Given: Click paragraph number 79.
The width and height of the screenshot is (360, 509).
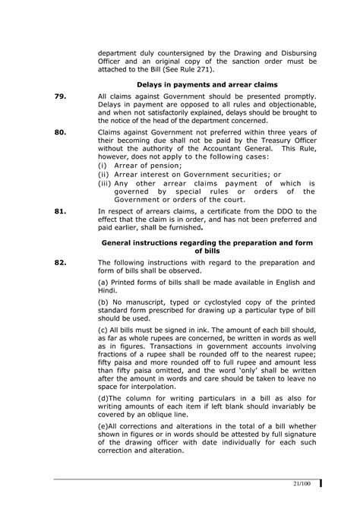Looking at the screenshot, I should tap(61, 97).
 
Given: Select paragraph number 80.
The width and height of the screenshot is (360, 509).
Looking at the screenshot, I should tap(61, 131).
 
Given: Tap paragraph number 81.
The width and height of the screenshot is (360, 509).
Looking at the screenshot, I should tap(61, 209).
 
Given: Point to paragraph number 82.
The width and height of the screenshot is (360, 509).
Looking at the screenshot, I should tap(61, 263).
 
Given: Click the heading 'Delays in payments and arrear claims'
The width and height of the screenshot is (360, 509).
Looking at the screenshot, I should tap(207, 84).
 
